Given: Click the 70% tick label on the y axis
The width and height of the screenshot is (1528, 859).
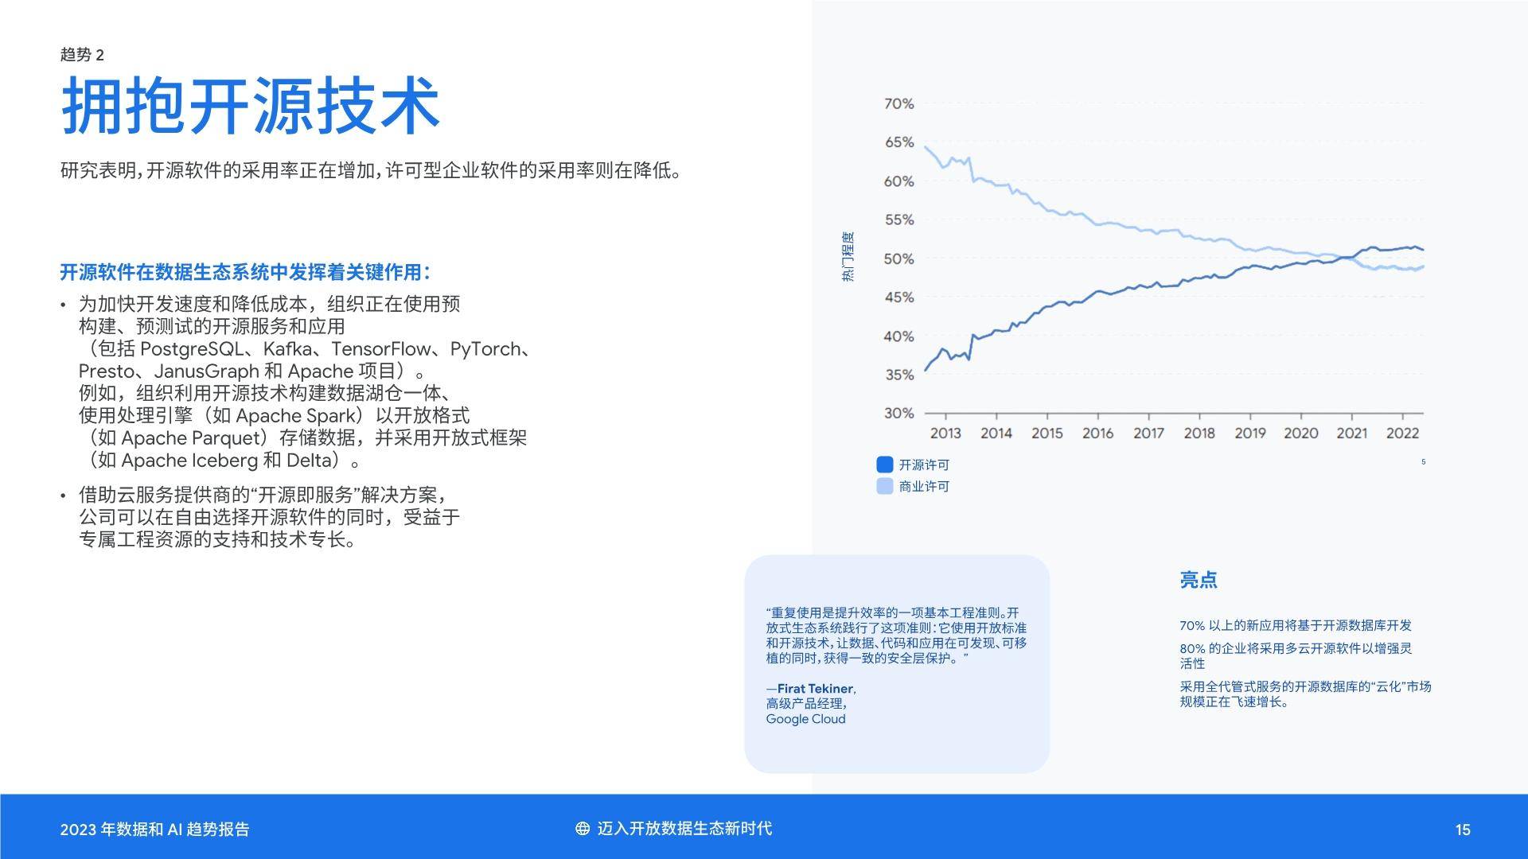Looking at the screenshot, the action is [x=898, y=103].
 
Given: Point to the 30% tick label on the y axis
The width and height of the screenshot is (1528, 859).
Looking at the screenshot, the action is [x=898, y=413].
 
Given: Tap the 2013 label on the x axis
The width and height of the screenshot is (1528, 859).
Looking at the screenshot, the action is [x=945, y=433].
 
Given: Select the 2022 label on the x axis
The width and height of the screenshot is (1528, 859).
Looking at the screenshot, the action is [x=1402, y=433].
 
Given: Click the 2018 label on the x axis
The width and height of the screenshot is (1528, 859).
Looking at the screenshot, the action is [x=1199, y=433].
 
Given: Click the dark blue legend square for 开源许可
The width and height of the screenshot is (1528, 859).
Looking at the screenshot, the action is [x=884, y=464].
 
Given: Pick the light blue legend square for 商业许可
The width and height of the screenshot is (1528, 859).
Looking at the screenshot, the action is [x=884, y=486].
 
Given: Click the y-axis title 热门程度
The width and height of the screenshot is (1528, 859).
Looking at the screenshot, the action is [x=848, y=257].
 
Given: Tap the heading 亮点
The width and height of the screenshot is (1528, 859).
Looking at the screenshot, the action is [x=1198, y=580].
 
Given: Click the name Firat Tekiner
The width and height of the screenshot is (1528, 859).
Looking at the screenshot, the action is [x=816, y=689].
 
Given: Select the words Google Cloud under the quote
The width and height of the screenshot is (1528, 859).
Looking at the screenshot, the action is [x=805, y=719].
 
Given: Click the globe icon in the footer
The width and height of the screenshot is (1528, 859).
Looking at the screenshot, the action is [x=583, y=829].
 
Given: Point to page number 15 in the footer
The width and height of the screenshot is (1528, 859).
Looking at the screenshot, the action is [x=1463, y=830].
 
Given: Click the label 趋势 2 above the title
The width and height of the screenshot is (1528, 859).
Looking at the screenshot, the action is [x=82, y=54].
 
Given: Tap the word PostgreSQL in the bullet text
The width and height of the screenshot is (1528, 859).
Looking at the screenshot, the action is [x=192, y=349].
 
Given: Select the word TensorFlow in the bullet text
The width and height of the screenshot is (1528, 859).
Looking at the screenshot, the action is [x=382, y=349].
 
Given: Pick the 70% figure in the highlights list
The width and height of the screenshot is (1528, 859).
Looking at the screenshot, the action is [x=1192, y=626].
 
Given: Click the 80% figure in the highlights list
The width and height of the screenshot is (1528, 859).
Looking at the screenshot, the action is [x=1192, y=649].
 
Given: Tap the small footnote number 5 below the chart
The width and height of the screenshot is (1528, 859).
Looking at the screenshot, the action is [x=1423, y=462].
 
